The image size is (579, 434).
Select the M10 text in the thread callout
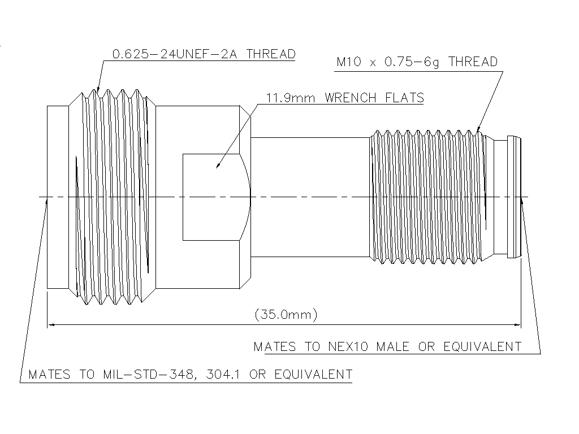tap(348, 62)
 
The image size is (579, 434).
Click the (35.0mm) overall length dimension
tap(286, 314)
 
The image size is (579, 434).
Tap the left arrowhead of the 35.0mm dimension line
tap(51, 325)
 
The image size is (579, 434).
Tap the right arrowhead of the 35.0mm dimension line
tap(517, 325)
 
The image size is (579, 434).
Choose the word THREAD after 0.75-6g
tap(473, 62)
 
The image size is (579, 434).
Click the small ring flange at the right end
tap(513, 197)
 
